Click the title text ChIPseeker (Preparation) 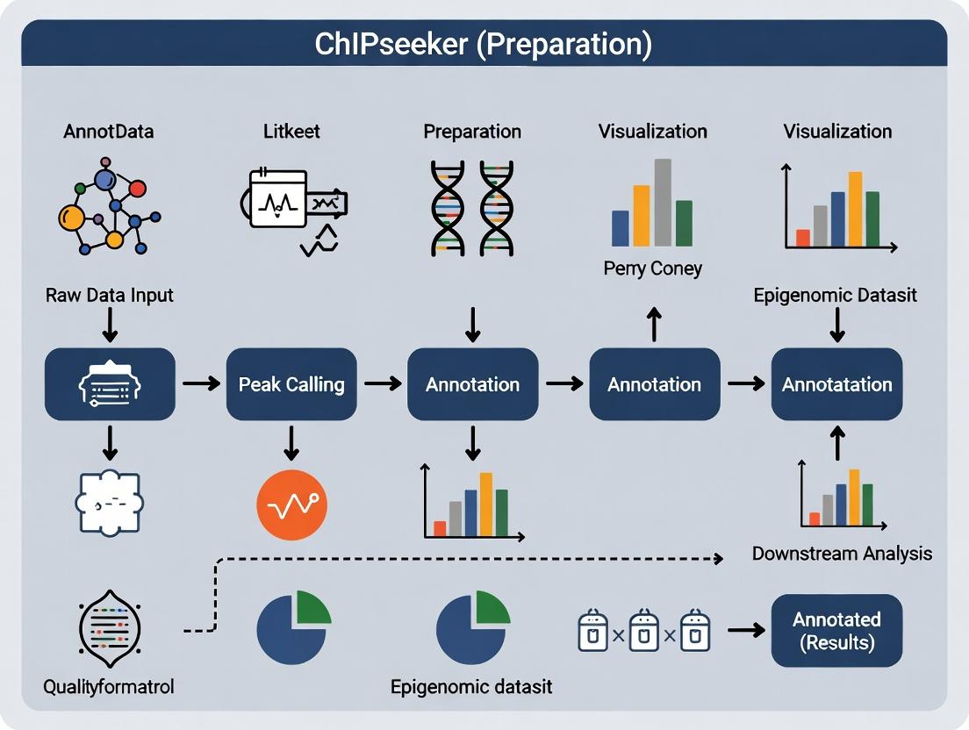tap(484, 44)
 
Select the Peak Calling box tap(291, 384)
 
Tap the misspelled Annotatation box tap(836, 384)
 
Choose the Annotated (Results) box tap(836, 631)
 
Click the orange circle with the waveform tap(291, 505)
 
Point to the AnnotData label tap(109, 132)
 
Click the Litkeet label tap(291, 132)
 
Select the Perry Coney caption tap(652, 268)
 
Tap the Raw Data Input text tap(109, 295)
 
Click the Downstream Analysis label tap(842, 554)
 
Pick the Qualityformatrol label tap(109, 686)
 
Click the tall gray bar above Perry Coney tap(663, 202)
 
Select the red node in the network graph tap(137, 189)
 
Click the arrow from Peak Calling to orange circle tap(291, 443)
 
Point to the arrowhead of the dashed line tap(719, 558)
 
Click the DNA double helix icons tap(472, 207)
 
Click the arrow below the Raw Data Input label tap(109, 326)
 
